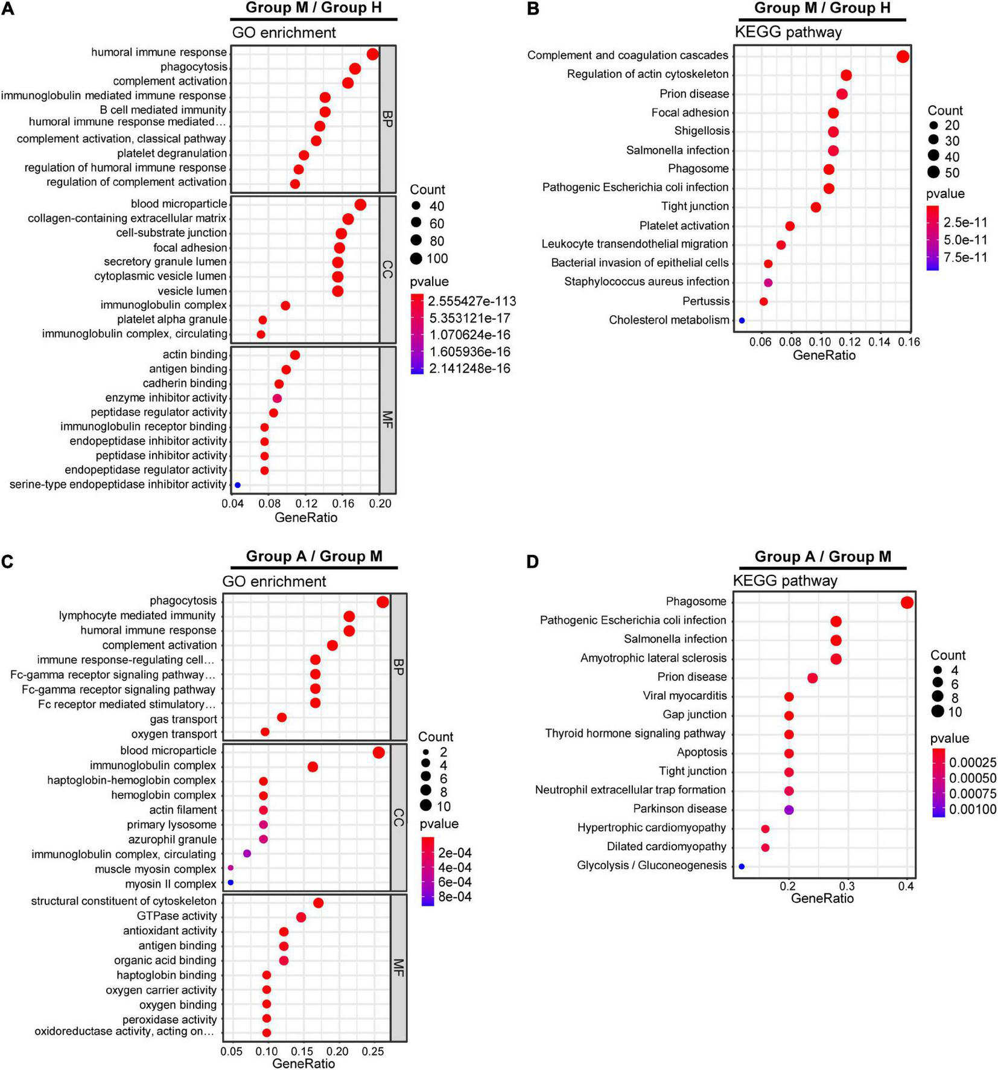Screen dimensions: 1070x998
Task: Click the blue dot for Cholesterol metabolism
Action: (x=742, y=321)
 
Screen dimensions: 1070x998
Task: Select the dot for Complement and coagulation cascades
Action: (x=903, y=57)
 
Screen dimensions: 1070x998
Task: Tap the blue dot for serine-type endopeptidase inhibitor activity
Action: (x=238, y=485)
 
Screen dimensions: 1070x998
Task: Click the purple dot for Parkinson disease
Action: (x=789, y=810)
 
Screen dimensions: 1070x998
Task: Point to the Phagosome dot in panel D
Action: (x=906, y=603)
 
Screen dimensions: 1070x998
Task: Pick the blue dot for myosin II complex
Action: (x=230, y=883)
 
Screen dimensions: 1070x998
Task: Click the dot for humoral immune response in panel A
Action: (x=372, y=54)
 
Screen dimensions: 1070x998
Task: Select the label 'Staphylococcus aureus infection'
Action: (x=646, y=281)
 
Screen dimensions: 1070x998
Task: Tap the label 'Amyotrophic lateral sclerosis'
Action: (x=653, y=658)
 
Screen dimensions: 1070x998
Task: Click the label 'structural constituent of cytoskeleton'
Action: (x=124, y=901)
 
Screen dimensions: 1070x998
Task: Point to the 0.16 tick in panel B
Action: (x=909, y=342)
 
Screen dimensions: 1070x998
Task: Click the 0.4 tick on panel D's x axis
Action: (x=906, y=886)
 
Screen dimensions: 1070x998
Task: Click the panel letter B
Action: (x=533, y=10)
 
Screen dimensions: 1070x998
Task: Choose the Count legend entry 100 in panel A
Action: (x=437, y=259)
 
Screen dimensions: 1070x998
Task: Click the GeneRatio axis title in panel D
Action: (x=822, y=898)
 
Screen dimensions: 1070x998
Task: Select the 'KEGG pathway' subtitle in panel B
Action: (x=787, y=32)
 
